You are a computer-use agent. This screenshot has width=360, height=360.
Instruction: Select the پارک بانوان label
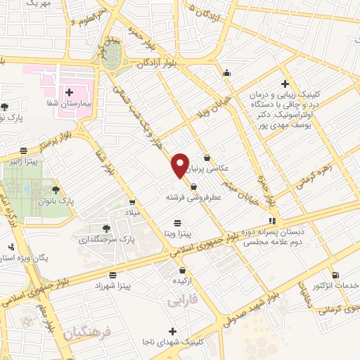pyautogui.click(x=81, y=200)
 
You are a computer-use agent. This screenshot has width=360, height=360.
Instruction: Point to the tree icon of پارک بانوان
pyautogui.click(x=56, y=190)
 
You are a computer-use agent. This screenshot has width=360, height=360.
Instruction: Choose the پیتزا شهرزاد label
pyautogui.click(x=113, y=287)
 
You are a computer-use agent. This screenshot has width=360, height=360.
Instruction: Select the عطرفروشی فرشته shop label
pyautogui.click(x=193, y=198)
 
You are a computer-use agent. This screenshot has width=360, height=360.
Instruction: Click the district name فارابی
pyautogui.click(x=184, y=301)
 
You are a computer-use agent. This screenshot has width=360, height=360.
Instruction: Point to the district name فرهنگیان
pyautogui.click(x=83, y=330)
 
